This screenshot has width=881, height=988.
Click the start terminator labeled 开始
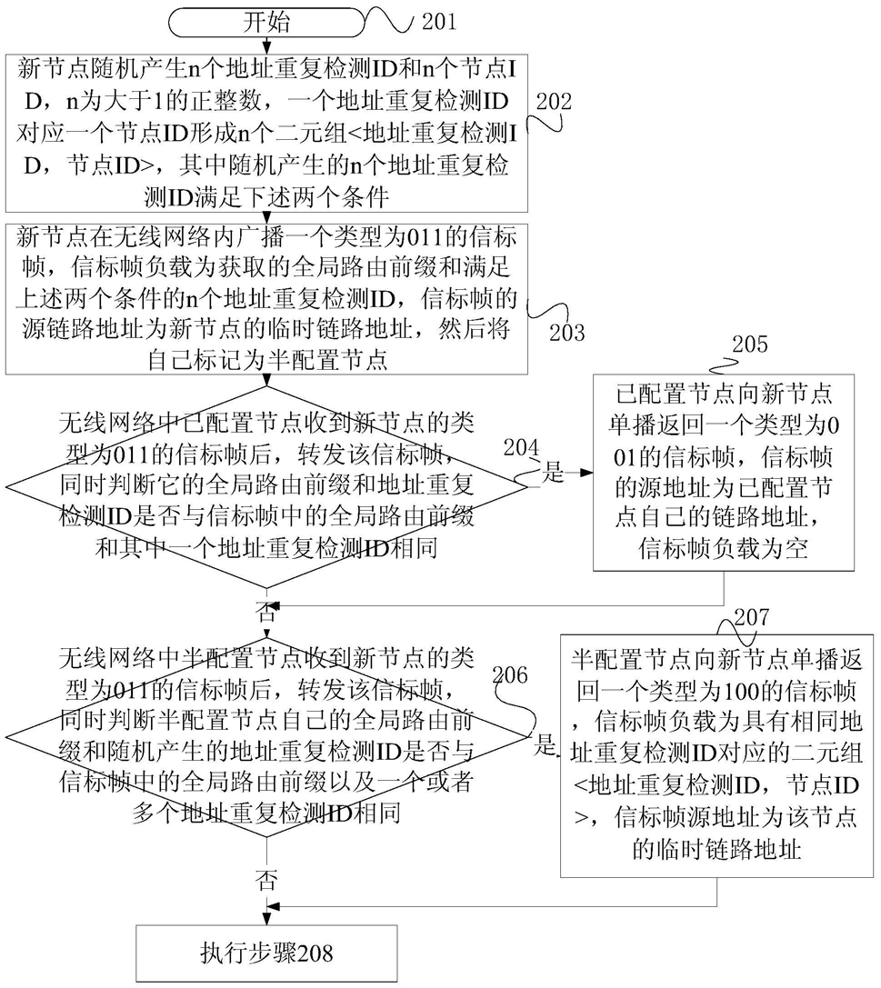(x=266, y=23)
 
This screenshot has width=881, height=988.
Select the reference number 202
(x=554, y=101)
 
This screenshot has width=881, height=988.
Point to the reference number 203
(x=566, y=332)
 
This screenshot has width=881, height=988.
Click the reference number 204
(x=521, y=447)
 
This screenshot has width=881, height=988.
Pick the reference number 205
(x=750, y=344)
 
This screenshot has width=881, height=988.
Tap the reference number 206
(x=510, y=674)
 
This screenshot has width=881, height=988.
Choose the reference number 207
(x=751, y=617)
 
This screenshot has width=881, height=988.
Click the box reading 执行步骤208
(x=266, y=953)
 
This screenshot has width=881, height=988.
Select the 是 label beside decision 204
(x=553, y=472)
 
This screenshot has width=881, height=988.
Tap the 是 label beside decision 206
(x=546, y=745)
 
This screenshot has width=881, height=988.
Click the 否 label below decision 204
(x=266, y=611)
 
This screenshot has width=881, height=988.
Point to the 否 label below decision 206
(x=266, y=879)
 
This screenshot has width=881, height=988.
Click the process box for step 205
(x=724, y=473)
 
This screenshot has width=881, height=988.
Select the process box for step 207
(x=716, y=755)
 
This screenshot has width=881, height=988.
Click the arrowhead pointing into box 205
(x=586, y=472)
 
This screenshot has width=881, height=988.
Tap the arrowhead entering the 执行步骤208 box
(x=266, y=919)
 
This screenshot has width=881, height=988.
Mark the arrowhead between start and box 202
(x=266, y=48)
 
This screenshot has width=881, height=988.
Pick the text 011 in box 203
(x=425, y=237)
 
